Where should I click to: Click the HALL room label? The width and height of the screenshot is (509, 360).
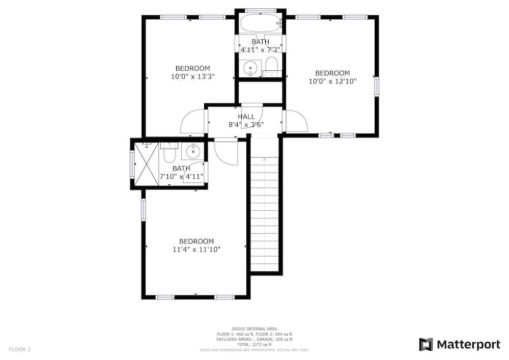point(246,117)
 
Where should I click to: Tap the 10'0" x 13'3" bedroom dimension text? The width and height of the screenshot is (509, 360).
point(193,76)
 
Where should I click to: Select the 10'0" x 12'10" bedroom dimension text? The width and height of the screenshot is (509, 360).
point(332,81)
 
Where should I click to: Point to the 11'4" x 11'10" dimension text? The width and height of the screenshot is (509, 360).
point(196,250)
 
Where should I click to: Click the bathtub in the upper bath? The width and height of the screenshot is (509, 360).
point(261,23)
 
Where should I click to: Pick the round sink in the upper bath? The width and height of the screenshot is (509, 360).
point(250,68)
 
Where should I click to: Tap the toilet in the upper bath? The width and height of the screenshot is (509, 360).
point(271,67)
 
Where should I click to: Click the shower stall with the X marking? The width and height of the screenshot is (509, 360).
point(147,164)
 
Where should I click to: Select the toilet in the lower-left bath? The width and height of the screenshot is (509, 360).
point(169,152)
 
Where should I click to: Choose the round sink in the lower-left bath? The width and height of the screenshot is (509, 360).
point(193,151)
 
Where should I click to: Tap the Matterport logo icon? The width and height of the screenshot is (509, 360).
point(426,344)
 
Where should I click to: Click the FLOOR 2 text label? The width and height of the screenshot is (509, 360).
point(19,350)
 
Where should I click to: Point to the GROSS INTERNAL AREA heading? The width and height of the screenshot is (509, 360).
point(254,329)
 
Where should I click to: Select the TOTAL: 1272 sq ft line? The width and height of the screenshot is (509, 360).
point(254,344)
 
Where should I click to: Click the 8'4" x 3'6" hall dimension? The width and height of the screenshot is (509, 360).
point(246,124)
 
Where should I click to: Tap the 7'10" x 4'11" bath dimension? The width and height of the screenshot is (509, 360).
point(182,177)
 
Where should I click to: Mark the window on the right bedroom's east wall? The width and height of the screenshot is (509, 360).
point(377,87)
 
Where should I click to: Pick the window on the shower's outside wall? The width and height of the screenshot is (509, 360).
point(132,164)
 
